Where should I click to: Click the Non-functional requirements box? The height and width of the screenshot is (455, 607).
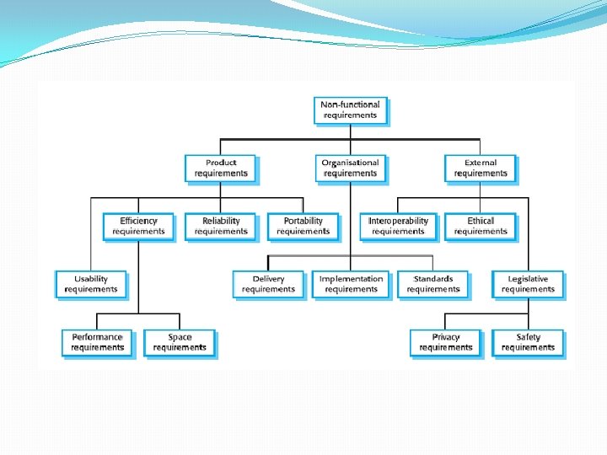[351, 110]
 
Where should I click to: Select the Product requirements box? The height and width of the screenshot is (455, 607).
[221, 169]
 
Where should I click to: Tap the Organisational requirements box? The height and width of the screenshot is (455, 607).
[351, 169]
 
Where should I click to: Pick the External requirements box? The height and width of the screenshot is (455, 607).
[481, 169]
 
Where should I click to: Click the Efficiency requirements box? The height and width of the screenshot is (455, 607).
[138, 227]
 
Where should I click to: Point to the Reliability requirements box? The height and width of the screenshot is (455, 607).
[221, 227]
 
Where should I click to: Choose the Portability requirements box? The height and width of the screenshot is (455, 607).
[303, 227]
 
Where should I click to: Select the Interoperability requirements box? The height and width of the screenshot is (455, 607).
[398, 227]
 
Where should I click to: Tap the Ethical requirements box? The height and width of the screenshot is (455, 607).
[481, 227]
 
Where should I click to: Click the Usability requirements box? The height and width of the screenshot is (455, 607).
[91, 285]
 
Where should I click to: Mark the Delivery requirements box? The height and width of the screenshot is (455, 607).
[268, 285]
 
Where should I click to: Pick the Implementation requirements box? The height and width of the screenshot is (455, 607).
[351, 285]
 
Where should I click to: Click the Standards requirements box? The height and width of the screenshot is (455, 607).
[433, 285]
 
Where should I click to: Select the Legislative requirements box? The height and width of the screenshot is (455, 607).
[528, 285]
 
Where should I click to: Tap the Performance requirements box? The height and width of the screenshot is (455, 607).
[97, 343]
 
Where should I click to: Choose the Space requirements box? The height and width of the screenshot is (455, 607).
[180, 343]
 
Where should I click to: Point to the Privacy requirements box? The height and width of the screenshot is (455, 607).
[445, 343]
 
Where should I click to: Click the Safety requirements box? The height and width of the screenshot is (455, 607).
[528, 343]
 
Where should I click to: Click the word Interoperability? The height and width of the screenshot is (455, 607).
[398, 222]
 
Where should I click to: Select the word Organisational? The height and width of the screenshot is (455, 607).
[351, 163]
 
